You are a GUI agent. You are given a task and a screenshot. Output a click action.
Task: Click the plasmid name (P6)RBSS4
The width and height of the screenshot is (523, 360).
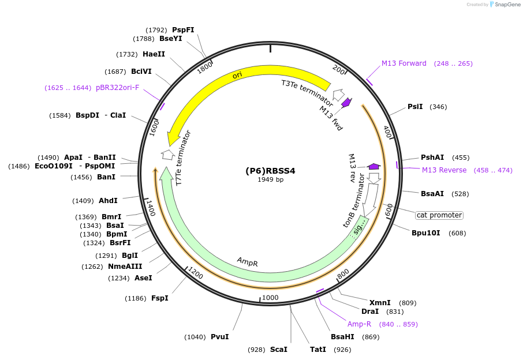270,171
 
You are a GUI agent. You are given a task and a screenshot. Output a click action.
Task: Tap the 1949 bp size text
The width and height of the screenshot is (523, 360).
270,180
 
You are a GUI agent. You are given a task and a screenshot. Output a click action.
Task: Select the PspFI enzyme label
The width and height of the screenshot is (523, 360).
183,29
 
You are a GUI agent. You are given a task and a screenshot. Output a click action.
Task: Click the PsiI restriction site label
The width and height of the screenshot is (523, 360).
415,107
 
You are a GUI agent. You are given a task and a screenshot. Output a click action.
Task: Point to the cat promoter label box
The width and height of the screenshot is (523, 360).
439,215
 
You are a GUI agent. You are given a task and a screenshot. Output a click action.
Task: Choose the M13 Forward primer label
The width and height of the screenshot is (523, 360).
404,63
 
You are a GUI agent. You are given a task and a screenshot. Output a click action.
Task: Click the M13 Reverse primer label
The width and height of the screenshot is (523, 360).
444,170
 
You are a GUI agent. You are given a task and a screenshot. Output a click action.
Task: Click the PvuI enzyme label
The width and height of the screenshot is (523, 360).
220,337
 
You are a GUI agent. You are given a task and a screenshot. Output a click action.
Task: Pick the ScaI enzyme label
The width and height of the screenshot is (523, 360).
278,350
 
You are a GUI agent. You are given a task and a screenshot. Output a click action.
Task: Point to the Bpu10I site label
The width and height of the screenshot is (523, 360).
426,233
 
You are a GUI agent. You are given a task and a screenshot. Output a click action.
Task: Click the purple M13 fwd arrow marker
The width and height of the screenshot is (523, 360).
347,103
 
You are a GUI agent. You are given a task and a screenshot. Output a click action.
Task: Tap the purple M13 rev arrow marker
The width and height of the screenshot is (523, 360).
374,166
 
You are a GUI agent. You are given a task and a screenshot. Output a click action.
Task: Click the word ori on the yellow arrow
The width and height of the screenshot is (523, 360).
237,76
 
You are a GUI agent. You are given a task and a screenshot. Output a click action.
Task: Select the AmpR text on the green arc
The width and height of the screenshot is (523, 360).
247,262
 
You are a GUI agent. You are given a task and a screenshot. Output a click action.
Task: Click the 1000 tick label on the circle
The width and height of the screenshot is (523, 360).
270,298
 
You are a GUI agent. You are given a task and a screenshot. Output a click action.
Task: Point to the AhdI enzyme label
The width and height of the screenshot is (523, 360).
108,201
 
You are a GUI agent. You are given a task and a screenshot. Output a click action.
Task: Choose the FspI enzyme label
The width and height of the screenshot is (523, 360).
160,298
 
